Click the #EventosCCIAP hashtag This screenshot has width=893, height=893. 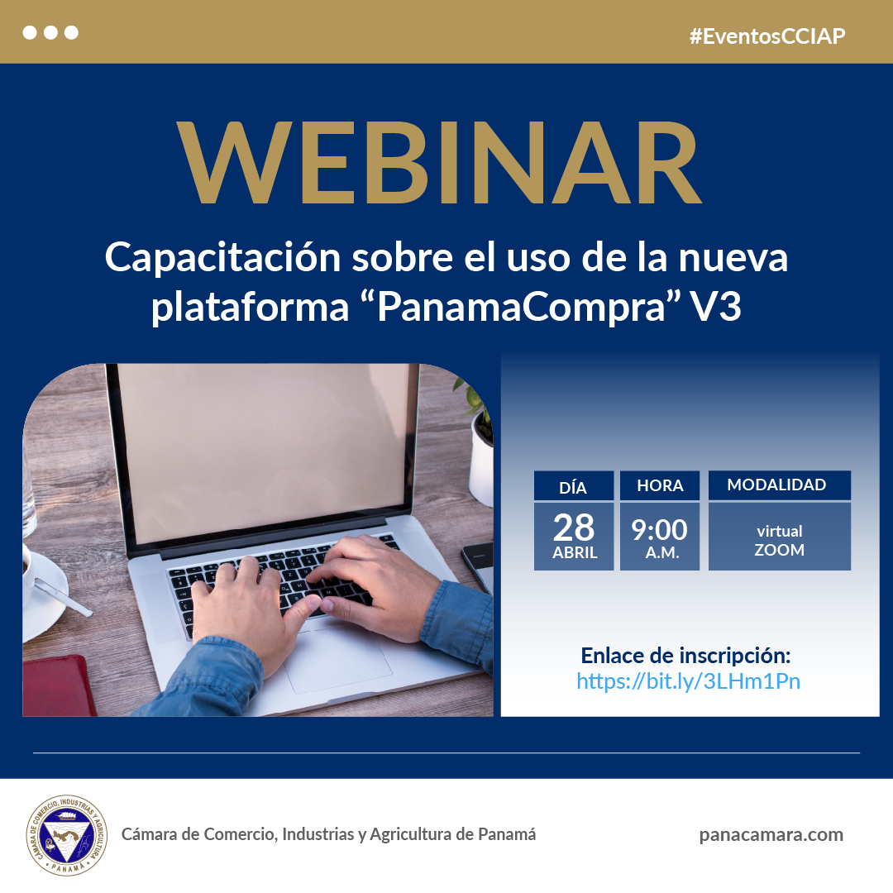(767, 36)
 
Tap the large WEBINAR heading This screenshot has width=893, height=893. (439, 163)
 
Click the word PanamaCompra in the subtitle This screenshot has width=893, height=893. (521, 307)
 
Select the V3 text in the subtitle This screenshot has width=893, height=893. (716, 307)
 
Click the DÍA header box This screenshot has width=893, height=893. (574, 486)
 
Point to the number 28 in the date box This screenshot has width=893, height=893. (574, 528)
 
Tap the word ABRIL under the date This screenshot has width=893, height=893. (575, 553)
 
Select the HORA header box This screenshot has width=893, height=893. (660, 486)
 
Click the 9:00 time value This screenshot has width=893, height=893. (660, 530)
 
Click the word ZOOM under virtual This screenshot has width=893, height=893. (779, 550)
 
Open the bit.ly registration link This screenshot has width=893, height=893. (688, 681)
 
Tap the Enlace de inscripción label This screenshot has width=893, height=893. (685, 656)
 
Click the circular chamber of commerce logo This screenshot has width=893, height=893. (67, 835)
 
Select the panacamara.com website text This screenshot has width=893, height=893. (771, 835)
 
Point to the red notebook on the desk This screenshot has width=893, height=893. (58, 685)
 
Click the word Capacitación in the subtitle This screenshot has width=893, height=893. (222, 258)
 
